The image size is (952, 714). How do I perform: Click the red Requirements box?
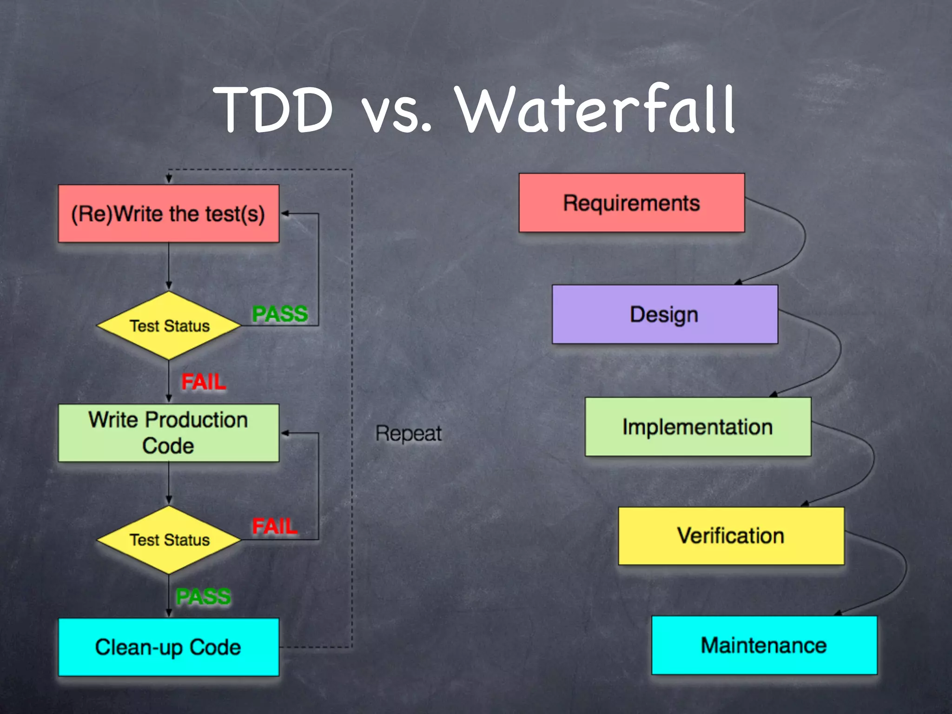631,203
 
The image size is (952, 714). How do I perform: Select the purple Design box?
665,314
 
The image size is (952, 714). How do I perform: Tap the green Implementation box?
698,427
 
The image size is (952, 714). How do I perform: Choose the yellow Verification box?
731,536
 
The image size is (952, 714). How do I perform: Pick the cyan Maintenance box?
764,645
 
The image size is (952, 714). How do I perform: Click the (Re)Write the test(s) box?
168,214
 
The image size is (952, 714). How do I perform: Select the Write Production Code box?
168,433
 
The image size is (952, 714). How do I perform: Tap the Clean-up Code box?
168,647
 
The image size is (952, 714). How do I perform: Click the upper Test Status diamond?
169,326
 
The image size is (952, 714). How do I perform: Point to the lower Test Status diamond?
169,540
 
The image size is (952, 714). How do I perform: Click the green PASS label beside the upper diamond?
280,314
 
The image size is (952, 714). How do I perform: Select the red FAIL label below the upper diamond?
204,382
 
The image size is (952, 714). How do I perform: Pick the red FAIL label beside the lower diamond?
274,526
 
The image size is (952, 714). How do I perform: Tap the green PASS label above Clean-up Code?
203,596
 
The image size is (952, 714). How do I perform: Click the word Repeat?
409,433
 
